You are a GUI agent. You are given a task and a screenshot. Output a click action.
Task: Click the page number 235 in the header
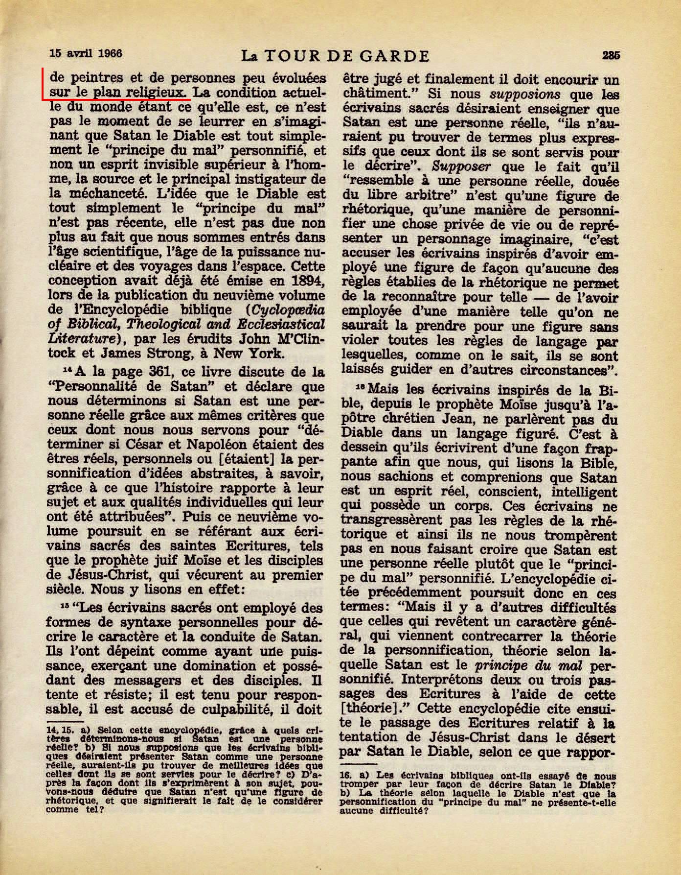(611, 55)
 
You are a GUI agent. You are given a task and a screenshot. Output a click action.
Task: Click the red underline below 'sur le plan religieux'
(115, 98)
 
